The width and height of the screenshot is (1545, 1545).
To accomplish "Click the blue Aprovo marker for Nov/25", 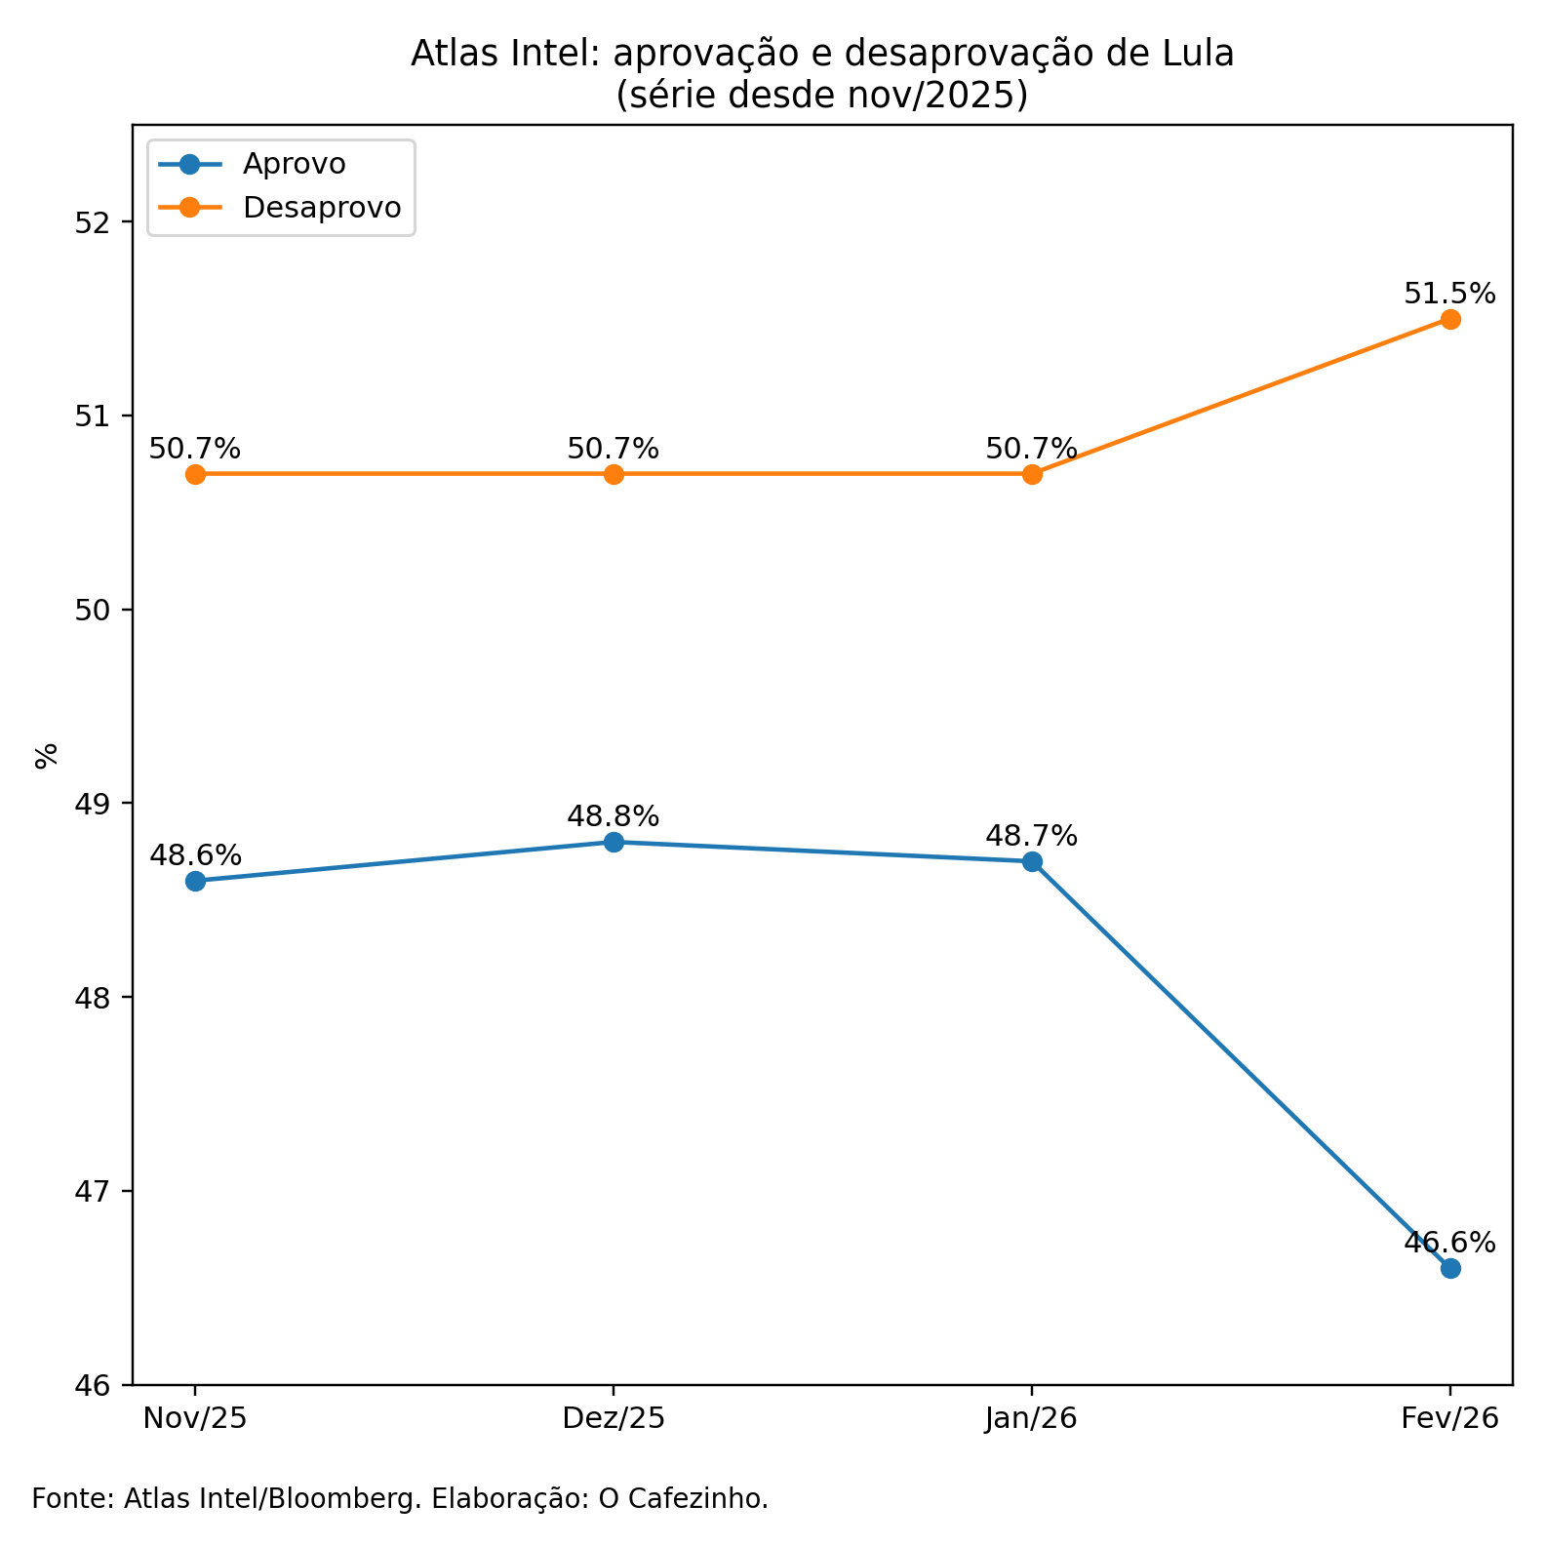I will coord(195,881).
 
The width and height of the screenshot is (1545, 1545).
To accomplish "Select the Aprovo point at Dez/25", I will coord(614,842).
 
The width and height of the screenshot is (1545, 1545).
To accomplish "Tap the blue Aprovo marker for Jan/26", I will coord(1032,861).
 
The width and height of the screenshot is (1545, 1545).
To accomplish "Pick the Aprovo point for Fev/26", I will coord(1450,1268).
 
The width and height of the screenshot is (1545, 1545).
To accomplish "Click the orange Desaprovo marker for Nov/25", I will coord(195,474).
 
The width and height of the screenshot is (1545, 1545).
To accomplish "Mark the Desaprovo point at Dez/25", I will coord(614,474).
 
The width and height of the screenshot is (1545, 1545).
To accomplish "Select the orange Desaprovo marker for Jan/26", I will coord(1032,474).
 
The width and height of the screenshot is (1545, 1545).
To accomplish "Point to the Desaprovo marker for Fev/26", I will coord(1450,319).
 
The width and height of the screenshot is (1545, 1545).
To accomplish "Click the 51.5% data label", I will coord(1449,293).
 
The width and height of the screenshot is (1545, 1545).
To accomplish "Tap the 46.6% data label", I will coord(1449,1242).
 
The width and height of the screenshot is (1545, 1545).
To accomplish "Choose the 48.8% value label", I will coord(614,815).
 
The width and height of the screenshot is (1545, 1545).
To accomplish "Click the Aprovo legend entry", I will coord(294,164).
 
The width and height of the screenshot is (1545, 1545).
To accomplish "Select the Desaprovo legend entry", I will coord(322,208).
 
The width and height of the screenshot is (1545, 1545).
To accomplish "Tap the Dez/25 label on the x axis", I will coord(614,1418).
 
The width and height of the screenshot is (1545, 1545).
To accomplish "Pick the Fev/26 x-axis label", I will coord(1449,1418).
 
